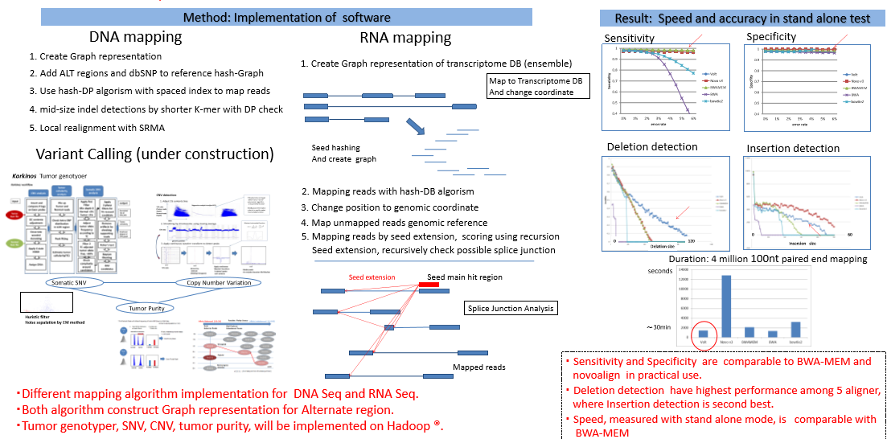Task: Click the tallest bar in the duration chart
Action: [725, 306]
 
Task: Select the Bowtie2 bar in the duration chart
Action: [795, 329]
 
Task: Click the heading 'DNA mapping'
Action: [135, 37]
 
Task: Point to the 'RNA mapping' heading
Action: [405, 38]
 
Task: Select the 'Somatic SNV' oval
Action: [82, 282]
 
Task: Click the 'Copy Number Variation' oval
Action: [219, 282]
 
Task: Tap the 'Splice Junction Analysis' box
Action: [511, 308]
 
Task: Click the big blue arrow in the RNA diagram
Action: [416, 127]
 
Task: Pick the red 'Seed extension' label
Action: [372, 277]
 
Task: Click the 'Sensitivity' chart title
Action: [629, 39]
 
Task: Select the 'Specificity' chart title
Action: [771, 37]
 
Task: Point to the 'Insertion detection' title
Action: [793, 149]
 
